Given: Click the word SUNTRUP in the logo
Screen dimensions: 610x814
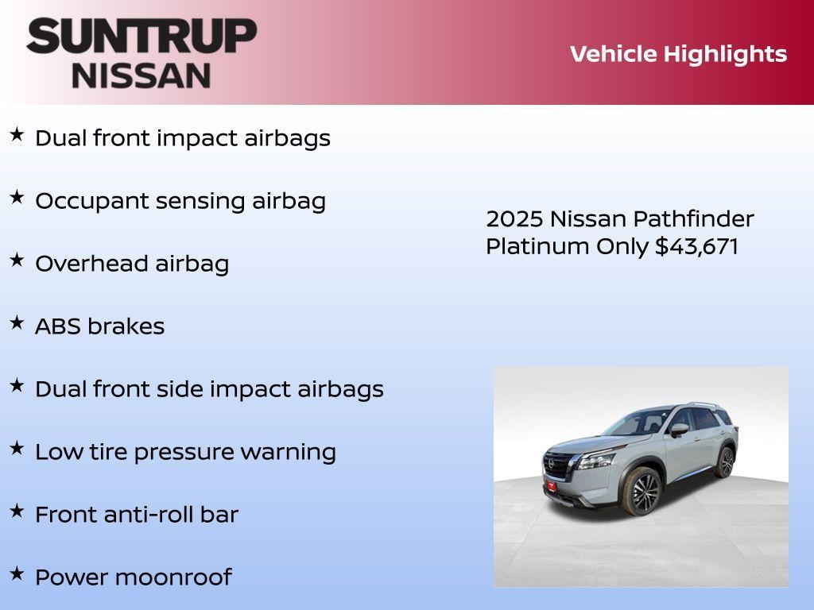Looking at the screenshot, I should (141, 37).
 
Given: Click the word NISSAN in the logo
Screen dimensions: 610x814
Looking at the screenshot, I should (141, 75).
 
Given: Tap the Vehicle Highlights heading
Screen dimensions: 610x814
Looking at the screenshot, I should (678, 54).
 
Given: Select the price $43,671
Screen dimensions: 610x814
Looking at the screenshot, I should (696, 246).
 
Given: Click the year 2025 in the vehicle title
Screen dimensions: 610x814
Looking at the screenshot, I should (514, 219).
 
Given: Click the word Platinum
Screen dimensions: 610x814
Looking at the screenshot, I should (538, 246).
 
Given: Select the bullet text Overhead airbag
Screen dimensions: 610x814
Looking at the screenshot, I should (132, 264).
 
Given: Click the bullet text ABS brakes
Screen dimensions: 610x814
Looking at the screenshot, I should (100, 326).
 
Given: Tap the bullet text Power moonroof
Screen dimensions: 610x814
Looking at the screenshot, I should (134, 577).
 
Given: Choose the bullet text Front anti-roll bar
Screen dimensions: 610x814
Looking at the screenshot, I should (137, 515).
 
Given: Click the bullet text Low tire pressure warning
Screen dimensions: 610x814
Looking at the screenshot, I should (185, 452).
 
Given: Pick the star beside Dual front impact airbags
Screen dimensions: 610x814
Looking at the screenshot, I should (17, 135).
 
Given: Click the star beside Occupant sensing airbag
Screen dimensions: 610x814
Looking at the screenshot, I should (17, 198).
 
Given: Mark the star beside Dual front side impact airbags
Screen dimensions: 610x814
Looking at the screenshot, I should (17, 386).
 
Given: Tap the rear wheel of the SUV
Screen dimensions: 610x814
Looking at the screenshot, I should (724, 461).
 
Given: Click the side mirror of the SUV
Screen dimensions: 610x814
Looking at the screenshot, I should (678, 430).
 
